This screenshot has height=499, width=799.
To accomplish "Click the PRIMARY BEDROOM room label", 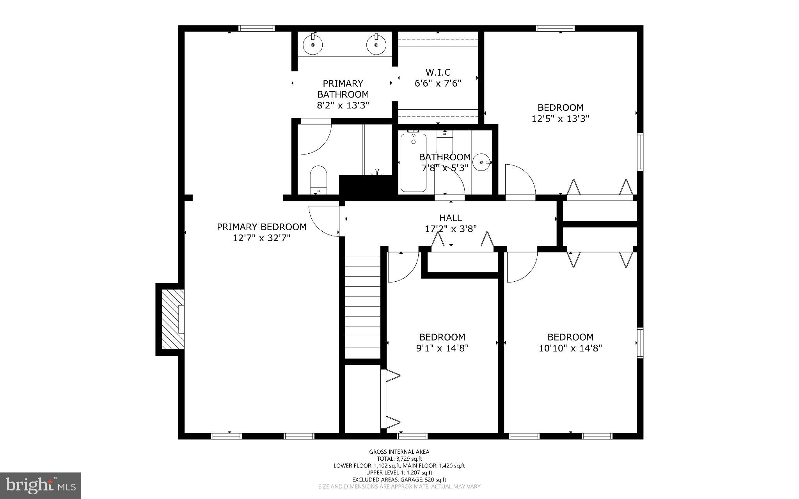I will click(261, 227).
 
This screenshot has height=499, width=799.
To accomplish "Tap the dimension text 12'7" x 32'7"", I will click(261, 238).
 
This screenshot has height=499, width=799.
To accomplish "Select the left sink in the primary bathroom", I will click(313, 44).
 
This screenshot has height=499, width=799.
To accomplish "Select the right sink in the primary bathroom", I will click(376, 44).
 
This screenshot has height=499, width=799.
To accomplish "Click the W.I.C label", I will click(438, 73).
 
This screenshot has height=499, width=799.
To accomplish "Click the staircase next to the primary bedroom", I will click(363, 302).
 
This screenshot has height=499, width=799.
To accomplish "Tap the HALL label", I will click(451, 218).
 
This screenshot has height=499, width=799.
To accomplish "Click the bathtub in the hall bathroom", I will click(413, 163).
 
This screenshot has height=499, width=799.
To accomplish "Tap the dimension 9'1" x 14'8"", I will click(442, 348).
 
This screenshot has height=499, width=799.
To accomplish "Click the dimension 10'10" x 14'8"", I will click(570, 348).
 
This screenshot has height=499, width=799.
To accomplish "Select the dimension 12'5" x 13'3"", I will click(560, 119).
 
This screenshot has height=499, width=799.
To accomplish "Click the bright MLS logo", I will click(41, 485).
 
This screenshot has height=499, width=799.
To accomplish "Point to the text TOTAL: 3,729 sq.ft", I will click(399, 459).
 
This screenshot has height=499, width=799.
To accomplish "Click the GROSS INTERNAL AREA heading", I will click(399, 452).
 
